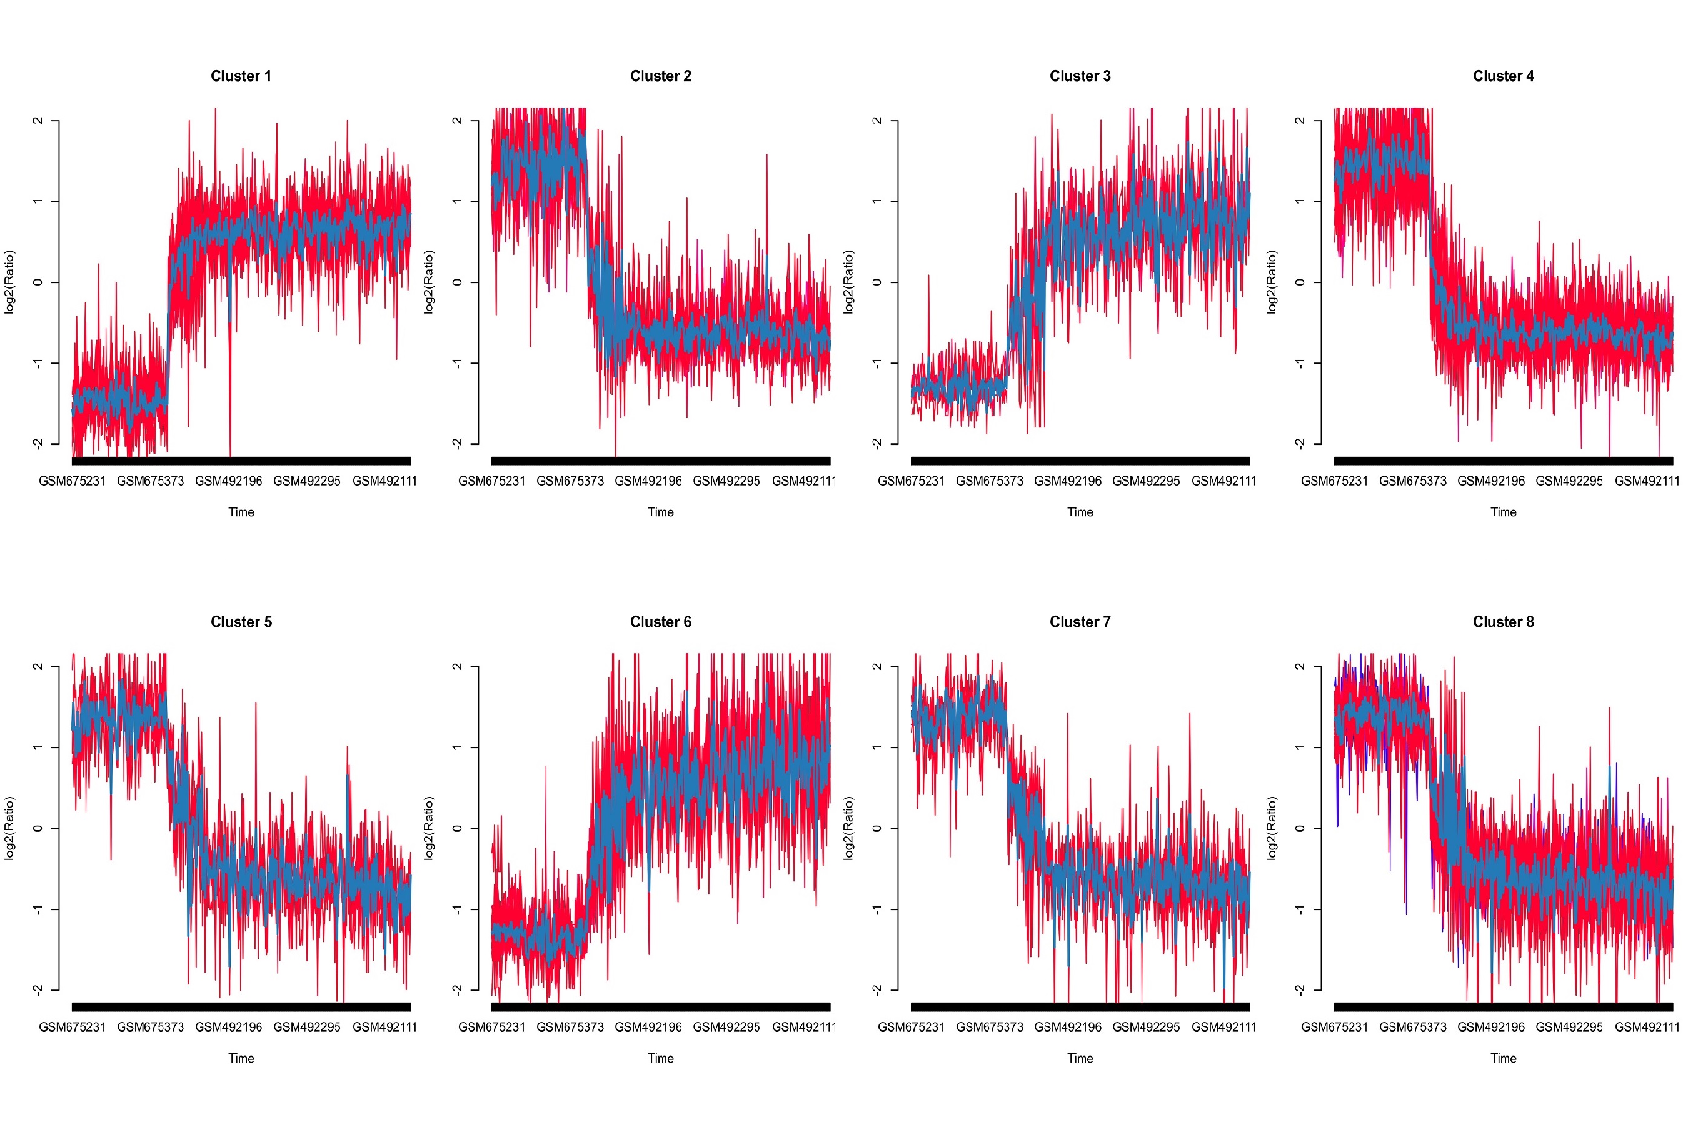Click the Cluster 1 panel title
click(x=241, y=76)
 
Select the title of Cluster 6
click(x=660, y=622)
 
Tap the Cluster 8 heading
click(x=1503, y=622)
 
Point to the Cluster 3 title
click(x=1080, y=76)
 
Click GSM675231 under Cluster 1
click(x=72, y=481)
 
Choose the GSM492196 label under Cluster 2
click(x=648, y=481)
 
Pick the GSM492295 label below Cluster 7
click(x=1145, y=1027)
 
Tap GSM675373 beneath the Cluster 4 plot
click(x=1412, y=481)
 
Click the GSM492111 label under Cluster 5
click(x=384, y=1027)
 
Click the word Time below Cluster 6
click(x=660, y=1058)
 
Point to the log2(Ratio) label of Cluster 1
click(x=9, y=282)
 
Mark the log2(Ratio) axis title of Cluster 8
click(x=1271, y=828)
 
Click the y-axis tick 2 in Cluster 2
click(x=457, y=121)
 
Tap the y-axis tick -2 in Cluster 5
click(x=38, y=989)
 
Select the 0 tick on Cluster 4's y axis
click(x=1300, y=282)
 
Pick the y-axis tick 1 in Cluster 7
click(x=877, y=747)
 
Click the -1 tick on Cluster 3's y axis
click(x=877, y=363)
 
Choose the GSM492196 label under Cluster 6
click(x=648, y=1027)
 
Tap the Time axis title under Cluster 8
click(x=1503, y=1058)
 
